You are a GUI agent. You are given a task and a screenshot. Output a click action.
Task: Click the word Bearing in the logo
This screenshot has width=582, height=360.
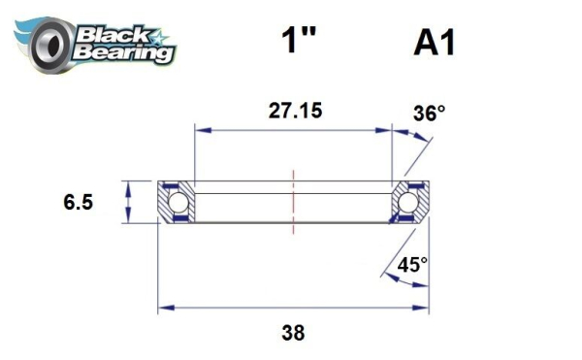coord(125,52)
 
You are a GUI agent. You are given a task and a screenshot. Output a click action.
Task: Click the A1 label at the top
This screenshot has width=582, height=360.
coord(435,43)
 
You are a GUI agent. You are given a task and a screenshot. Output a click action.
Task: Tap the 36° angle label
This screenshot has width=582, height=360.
coord(430,115)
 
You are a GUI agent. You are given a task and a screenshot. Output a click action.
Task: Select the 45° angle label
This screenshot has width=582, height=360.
coord(411,263)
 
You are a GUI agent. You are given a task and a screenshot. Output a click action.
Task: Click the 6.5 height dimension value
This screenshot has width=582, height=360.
coord(78,203)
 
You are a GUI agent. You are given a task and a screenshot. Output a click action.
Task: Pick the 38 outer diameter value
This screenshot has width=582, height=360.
coord(292,333)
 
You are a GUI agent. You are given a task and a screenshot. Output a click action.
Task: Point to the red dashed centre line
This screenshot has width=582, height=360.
coord(292,201)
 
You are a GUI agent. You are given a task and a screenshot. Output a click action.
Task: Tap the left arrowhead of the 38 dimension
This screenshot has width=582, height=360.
coord(164,310)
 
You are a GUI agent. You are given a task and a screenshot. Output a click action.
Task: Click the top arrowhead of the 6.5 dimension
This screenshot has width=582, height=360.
coord(128,184)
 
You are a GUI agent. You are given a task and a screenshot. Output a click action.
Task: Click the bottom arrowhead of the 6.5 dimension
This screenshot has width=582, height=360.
coord(128,218)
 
